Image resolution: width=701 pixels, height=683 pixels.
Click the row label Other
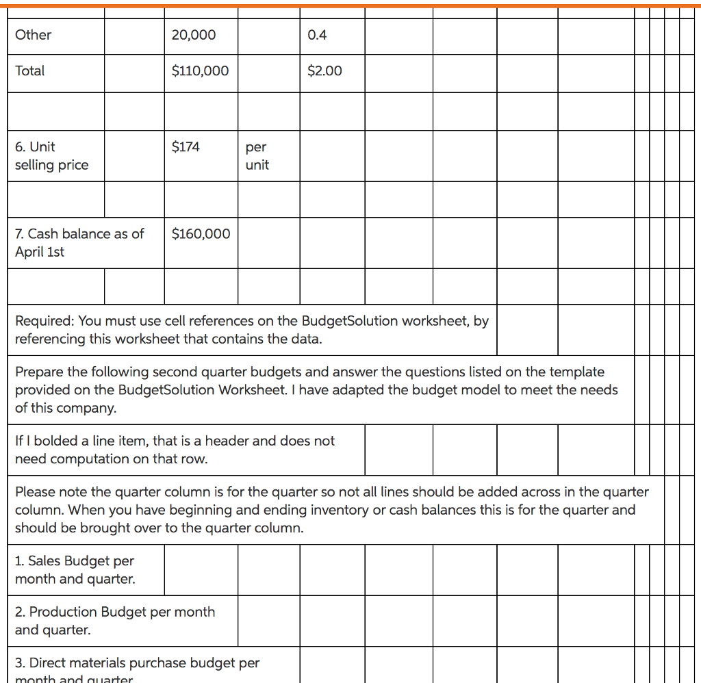coord(33,35)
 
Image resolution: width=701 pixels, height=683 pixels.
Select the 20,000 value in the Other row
coord(193,35)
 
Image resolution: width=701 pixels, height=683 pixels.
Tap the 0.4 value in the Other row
coord(317,35)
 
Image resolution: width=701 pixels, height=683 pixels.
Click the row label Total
coord(29,70)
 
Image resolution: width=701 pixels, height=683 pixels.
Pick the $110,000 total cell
coord(200,70)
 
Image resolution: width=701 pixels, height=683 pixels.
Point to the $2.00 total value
coord(324,70)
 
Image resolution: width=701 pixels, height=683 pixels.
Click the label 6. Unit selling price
coord(51,156)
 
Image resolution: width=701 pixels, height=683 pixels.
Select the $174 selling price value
coord(186,146)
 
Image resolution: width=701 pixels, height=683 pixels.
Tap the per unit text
coord(257,156)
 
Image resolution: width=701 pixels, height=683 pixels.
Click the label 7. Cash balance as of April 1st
coord(79,243)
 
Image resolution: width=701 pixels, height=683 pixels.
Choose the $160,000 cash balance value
coord(201,234)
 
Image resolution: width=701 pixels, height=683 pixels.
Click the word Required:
coord(45,321)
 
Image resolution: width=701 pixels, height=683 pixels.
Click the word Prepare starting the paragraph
coord(39,372)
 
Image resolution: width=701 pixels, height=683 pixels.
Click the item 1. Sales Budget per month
coord(75,570)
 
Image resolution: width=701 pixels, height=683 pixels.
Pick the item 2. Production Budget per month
coord(115,621)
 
